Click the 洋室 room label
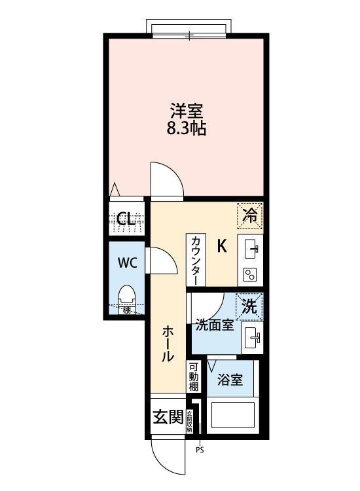tap(187, 110)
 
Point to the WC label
tap(127, 263)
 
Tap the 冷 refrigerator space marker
tap(250, 214)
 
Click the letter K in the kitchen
tap(222, 247)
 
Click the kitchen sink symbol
tap(252, 249)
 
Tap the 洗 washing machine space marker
tap(249, 305)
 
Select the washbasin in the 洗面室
tap(251, 338)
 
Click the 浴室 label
tap(230, 380)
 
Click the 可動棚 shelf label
tap(194, 377)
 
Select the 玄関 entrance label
tap(168, 417)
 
